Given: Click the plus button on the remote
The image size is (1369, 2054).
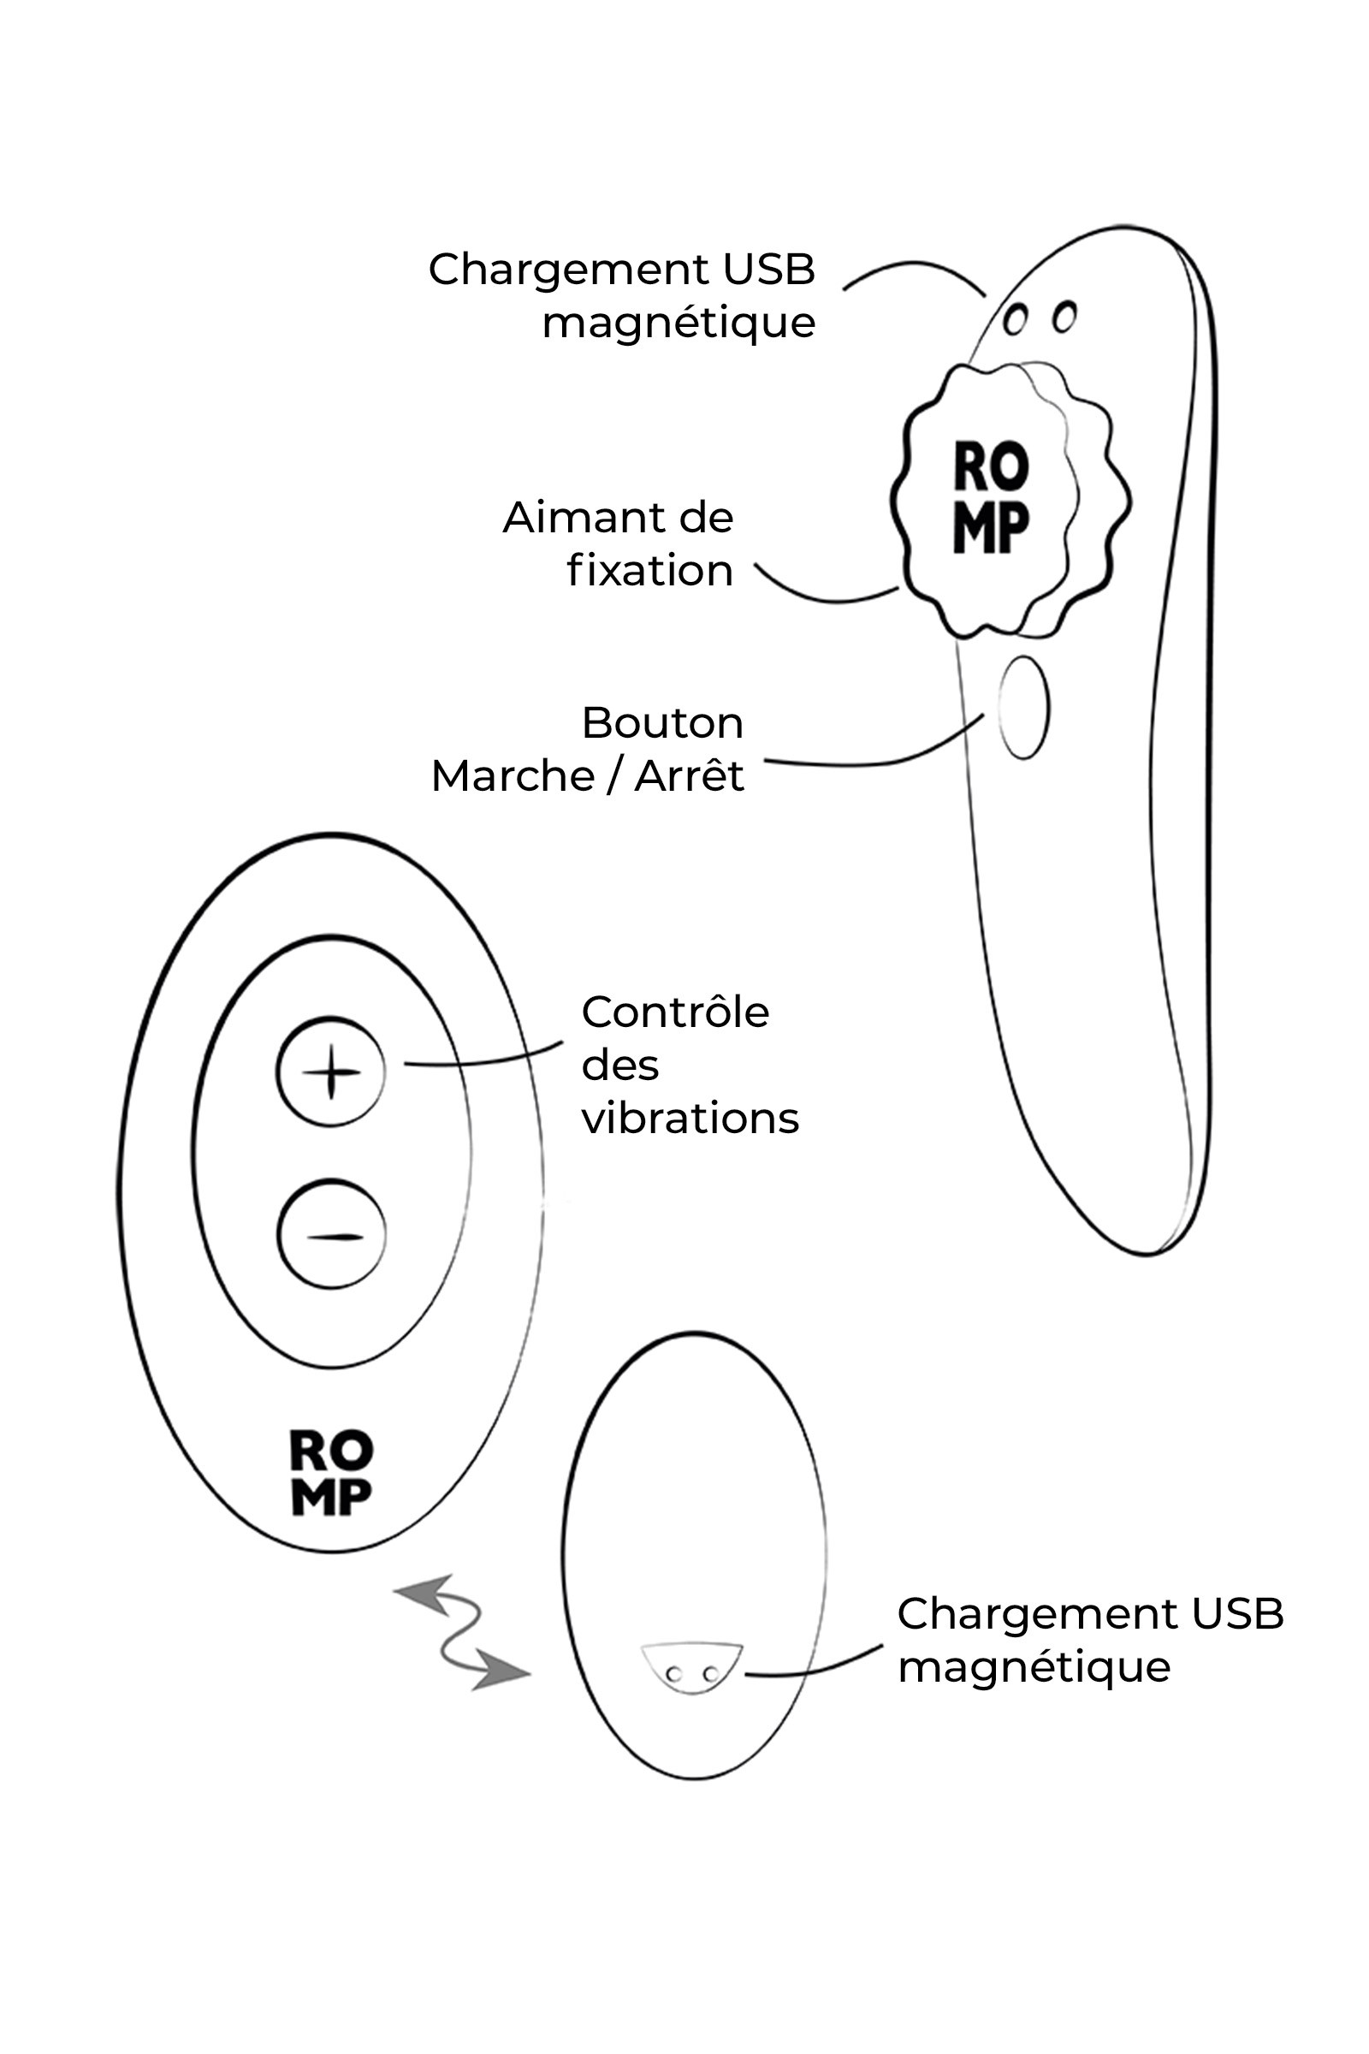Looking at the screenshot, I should [x=330, y=1071].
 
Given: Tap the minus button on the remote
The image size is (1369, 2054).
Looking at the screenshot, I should [x=331, y=1235].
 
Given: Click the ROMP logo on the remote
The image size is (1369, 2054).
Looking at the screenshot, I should [x=331, y=1472].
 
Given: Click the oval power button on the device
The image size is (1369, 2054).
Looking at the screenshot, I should [x=1023, y=708].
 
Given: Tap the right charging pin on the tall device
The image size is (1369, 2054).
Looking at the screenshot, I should [x=1064, y=316].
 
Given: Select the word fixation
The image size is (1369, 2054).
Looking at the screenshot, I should [x=650, y=571].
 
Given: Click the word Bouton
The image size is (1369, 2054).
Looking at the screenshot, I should [x=662, y=723].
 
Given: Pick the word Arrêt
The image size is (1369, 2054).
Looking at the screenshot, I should [x=689, y=775].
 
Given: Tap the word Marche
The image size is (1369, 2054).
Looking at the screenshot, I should [x=513, y=775].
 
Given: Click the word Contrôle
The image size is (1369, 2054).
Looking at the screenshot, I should [x=675, y=1013].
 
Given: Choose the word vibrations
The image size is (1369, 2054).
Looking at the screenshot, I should [x=690, y=1119].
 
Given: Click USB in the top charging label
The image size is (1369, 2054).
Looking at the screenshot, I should [x=768, y=269].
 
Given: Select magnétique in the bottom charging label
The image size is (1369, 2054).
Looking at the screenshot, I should [x=1034, y=1667].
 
